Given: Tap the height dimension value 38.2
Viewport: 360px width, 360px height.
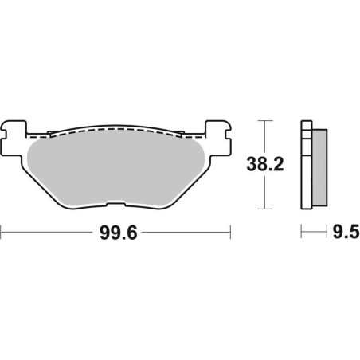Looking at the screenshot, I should pos(264,166).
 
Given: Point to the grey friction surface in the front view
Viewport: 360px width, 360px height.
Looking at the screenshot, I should pos(115,171).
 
